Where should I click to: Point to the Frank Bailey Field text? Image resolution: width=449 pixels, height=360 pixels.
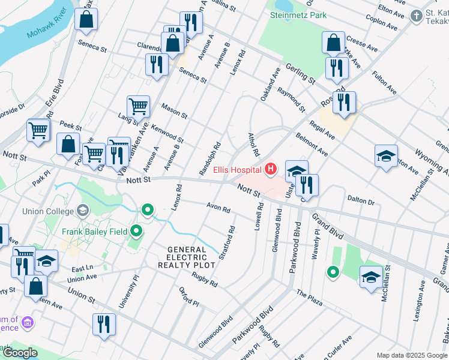click(93, 231)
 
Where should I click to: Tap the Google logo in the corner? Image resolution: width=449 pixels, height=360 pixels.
click(20, 353)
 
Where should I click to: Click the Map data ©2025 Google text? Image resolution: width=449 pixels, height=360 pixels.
click(412, 355)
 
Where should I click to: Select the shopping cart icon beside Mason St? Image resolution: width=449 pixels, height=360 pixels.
click(138, 106)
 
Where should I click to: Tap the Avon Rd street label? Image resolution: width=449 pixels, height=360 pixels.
click(218, 209)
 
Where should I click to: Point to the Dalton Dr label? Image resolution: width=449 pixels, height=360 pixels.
click(360, 200)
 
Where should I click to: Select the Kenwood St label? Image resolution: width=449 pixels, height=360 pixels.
click(167, 134)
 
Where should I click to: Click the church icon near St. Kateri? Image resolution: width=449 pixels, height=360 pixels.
click(416, 16)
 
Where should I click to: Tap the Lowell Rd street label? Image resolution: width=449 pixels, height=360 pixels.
click(260, 215)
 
